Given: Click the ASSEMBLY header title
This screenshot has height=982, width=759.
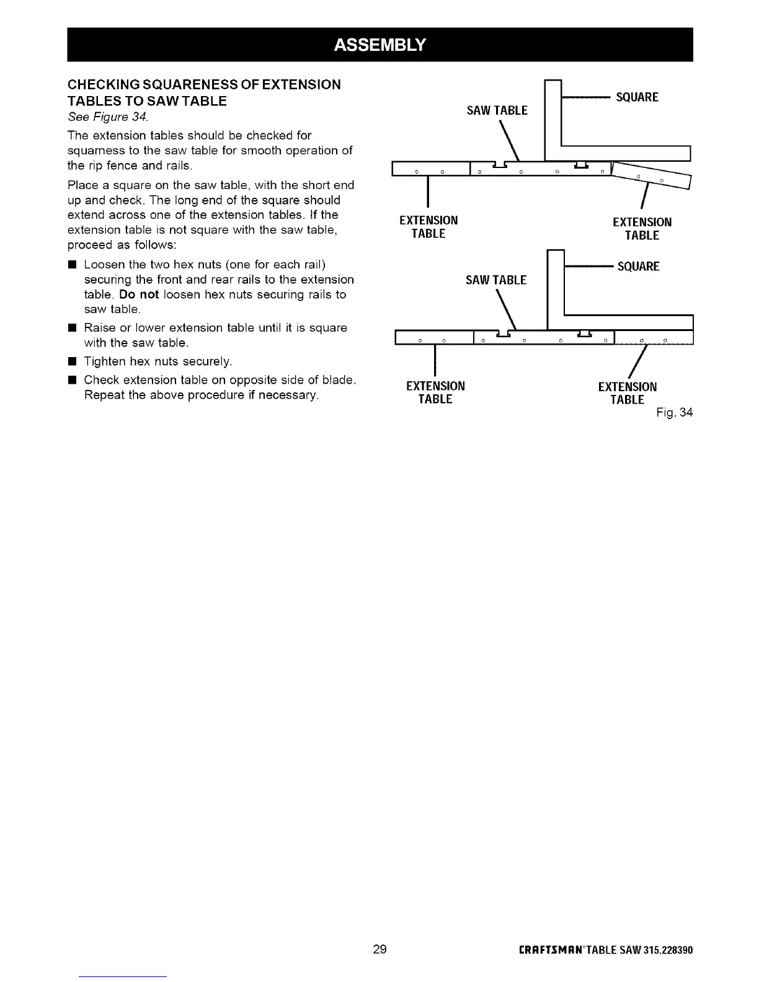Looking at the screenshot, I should pos(379,44).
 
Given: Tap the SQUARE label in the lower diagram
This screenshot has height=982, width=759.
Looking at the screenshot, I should pos(639,267).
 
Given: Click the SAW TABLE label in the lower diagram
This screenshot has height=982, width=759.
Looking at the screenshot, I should pos(496,280).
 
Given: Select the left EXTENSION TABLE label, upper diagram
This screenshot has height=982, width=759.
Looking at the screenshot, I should pos(428,228).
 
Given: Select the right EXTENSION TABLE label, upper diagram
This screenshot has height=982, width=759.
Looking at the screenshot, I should pos(642,229).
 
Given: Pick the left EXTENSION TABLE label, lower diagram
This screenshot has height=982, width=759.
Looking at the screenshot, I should pos(435,393).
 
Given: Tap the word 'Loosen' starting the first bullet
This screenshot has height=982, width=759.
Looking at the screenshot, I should pos(104,265).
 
